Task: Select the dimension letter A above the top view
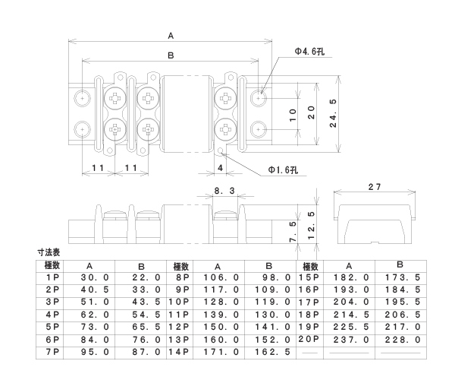coord(171,35)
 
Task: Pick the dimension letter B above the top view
coord(171,55)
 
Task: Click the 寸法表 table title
coord(49,252)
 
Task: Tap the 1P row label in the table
coord(52,279)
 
